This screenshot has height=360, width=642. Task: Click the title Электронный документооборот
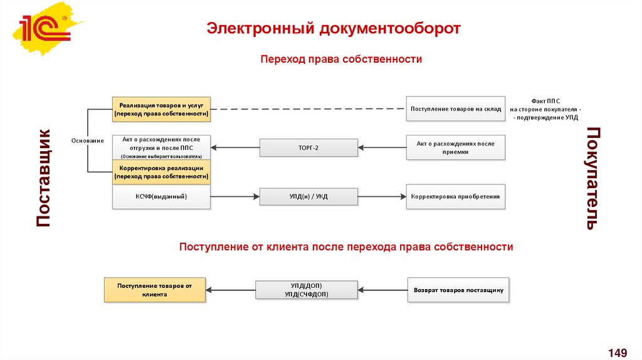coord(334,29)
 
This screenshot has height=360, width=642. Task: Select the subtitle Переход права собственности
coord(341,59)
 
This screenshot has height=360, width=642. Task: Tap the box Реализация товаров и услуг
coord(161,109)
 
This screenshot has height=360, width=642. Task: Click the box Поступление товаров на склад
coord(456,109)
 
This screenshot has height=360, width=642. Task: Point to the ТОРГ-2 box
coord(308,147)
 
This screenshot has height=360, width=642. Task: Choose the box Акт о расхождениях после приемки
coord(456,147)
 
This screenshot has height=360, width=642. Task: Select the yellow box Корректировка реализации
coord(161,172)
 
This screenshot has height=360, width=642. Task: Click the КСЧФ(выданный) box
coord(161,196)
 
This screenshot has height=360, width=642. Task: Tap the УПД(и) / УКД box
coord(308,196)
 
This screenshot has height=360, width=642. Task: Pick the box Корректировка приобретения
coord(456,196)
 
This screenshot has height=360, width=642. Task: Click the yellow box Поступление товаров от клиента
coord(154,290)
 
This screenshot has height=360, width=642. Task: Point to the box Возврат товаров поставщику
coord(459,290)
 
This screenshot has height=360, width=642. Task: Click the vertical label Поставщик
coord(43,178)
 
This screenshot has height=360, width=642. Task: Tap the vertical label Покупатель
coord(592,178)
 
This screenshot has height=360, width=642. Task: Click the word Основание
coord(87,140)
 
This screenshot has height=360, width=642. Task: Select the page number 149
coord(618,352)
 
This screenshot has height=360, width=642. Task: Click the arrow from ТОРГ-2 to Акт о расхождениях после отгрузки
coord(236,148)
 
